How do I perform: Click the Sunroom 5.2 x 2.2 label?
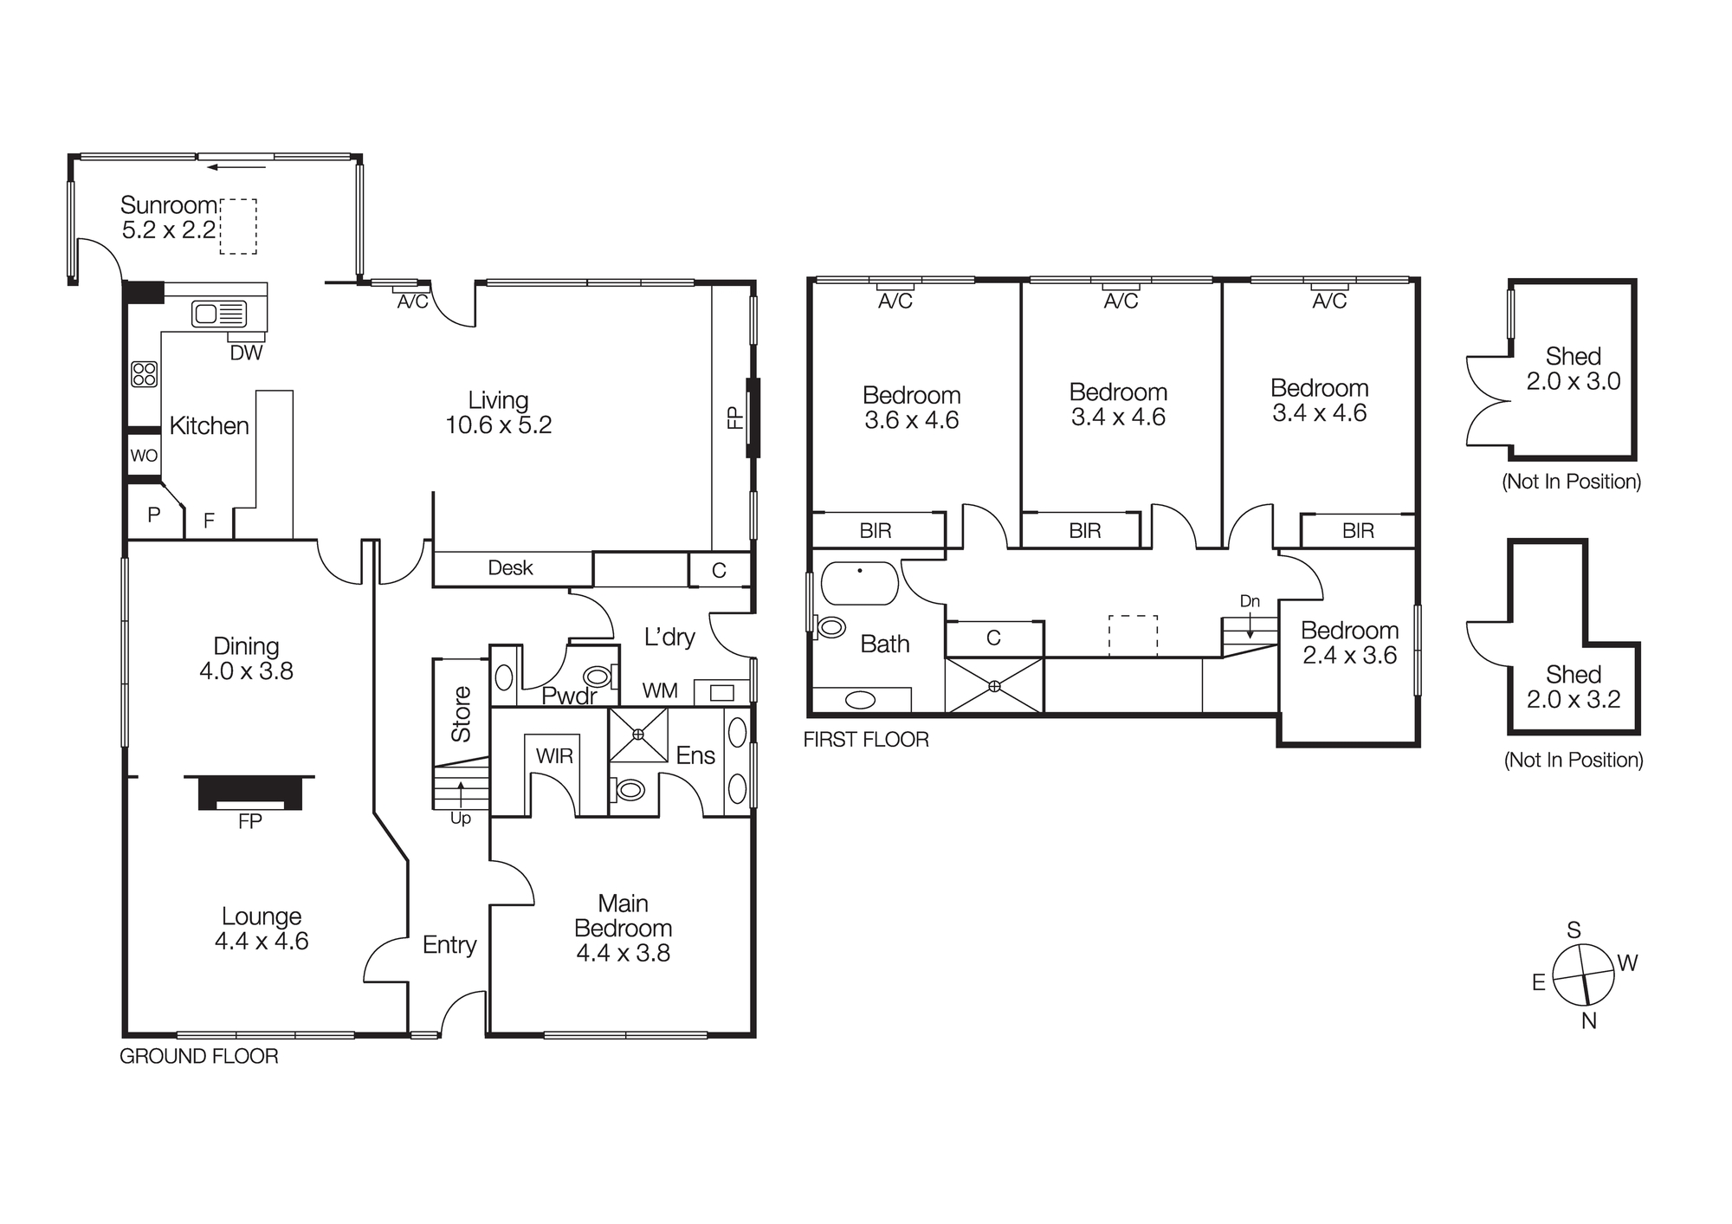[168, 217]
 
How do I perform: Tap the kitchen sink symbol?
[219, 313]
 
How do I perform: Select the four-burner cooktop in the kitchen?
[144, 374]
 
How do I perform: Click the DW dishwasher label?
[246, 353]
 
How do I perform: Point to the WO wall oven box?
[144, 455]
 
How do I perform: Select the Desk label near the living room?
[510, 568]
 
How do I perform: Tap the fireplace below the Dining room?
[249, 793]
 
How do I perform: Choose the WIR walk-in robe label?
[554, 755]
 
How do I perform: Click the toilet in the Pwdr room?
[598, 676]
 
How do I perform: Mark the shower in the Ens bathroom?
[638, 735]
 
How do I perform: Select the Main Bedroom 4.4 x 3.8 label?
[623, 928]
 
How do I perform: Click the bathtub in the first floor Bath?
[860, 583]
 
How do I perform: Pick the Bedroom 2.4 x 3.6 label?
[1349, 643]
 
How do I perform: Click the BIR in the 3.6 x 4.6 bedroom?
[876, 531]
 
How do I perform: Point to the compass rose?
[1583, 975]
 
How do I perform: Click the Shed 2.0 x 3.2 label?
[1573, 687]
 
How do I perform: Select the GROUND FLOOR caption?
[199, 1056]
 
